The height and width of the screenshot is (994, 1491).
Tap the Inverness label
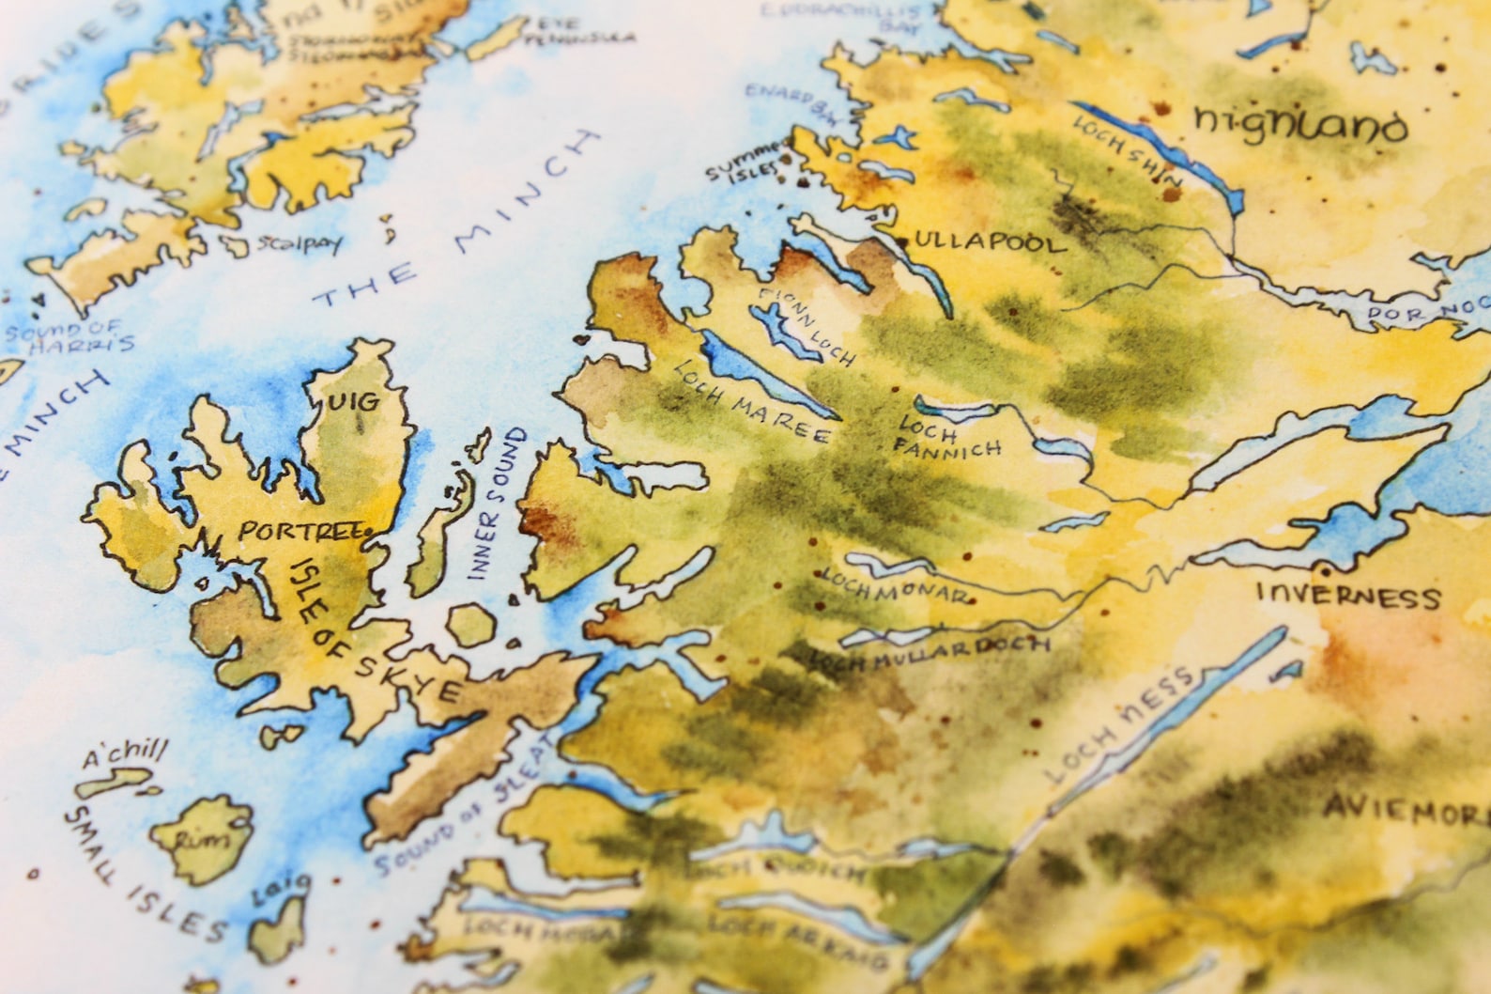(1347, 596)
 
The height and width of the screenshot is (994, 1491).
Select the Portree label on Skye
(300, 531)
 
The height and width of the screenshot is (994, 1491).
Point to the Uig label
(354, 403)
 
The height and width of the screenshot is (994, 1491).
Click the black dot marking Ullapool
(900, 242)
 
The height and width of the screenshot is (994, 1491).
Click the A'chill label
(125, 752)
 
